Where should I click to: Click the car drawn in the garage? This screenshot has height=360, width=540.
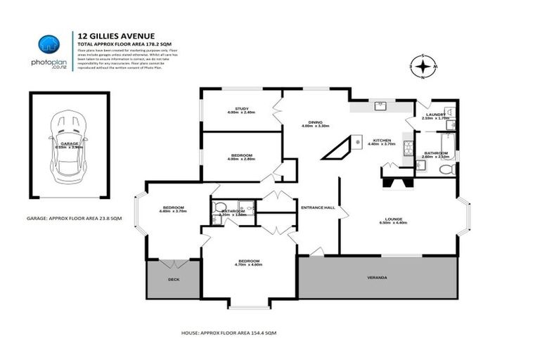68,147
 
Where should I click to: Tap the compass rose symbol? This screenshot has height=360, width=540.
422,67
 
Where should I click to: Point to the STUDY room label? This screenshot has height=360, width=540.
241,109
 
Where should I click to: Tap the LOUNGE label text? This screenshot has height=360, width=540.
393,219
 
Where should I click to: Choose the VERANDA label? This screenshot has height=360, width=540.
377,277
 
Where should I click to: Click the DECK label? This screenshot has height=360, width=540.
173,279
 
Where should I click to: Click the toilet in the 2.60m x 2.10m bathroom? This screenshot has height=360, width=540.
446,169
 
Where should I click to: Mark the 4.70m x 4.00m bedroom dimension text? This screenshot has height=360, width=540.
249,265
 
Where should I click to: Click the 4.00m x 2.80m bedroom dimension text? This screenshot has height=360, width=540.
241,160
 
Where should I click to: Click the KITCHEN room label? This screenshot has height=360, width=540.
382,140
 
